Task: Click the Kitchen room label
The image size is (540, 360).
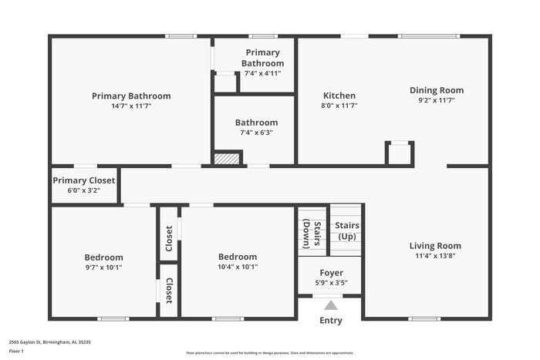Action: click(339, 96)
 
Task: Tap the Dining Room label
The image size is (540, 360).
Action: click(437, 90)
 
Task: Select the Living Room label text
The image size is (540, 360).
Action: click(435, 246)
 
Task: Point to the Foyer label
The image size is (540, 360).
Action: click(331, 272)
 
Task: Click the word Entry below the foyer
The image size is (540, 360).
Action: click(331, 321)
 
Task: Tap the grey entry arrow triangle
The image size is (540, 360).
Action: click(331, 305)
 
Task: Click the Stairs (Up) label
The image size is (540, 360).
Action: click(346, 230)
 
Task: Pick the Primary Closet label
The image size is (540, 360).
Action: click(84, 180)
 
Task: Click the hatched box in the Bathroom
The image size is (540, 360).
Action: click(227, 158)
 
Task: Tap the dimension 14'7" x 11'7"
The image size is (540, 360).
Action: click(131, 106)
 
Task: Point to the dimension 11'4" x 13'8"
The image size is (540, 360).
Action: click(435, 256)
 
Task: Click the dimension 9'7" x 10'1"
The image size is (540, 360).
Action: click(103, 267)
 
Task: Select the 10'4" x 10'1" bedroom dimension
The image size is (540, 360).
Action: click(238, 267)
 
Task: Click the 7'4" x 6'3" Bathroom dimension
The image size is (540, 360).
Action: click(256, 133)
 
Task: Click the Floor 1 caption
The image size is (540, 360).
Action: click(17, 352)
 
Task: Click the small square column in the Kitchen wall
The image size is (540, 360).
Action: click(400, 153)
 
